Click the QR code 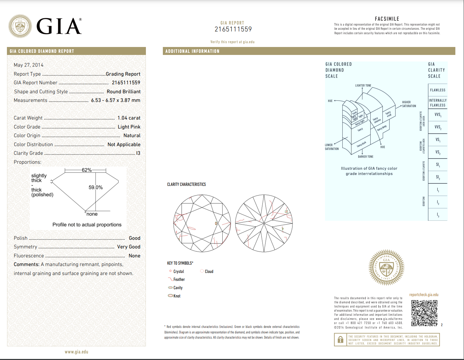[424, 313]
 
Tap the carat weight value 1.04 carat [129, 118]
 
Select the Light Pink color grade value [129, 127]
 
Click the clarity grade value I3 [138, 153]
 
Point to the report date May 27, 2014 [29, 65]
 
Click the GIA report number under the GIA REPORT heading [233, 29]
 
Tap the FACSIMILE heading [387, 19]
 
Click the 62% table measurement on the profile [86, 170]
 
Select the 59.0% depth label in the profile [95, 187]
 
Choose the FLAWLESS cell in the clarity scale [438, 90]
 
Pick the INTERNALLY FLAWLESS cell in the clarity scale [438, 103]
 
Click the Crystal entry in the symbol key [178, 272]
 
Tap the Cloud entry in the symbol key [209, 272]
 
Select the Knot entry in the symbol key [177, 296]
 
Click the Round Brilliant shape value [123, 92]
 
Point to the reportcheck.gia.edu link [424, 295]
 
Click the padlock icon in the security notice [340, 340]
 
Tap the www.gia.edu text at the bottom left [76, 352]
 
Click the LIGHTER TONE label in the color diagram [363, 85]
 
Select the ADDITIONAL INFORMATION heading [192, 51]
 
